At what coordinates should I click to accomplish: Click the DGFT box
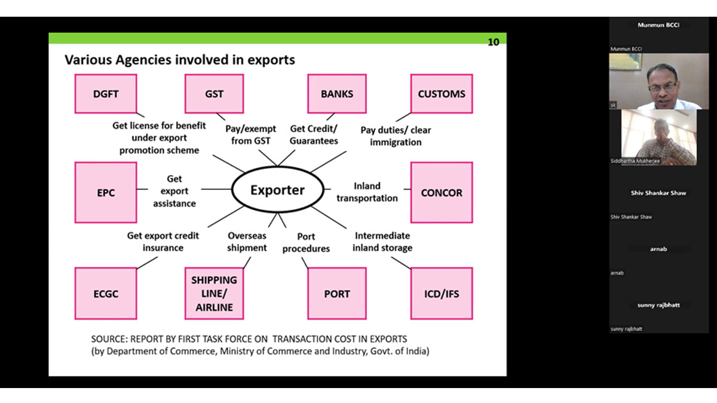coord(106,94)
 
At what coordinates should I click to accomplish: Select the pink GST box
coord(214,94)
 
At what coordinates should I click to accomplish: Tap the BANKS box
coord(337,94)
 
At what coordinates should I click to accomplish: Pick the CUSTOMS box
coord(442,94)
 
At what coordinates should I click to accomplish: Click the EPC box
coord(106,193)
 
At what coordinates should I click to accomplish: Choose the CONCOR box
coord(442,193)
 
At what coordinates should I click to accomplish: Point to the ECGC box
coord(106,294)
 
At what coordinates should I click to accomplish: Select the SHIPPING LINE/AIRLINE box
coord(214,294)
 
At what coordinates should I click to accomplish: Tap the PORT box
coord(337,294)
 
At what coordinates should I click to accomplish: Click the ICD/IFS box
coord(442,294)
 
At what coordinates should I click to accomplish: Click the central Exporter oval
coord(277,190)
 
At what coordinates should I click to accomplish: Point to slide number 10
coord(494,42)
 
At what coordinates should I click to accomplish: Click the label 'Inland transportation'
coord(367,192)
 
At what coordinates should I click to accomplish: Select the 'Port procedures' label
coord(306,242)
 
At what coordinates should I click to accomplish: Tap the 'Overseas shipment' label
coord(247,242)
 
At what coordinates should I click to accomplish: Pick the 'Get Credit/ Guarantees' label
coord(314,135)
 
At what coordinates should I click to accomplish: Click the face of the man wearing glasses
coord(661,87)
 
